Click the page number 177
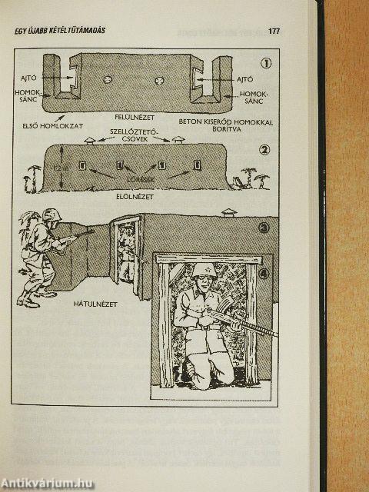(x=274, y=32)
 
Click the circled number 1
(x=265, y=64)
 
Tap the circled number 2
(x=265, y=150)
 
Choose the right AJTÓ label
(x=244, y=78)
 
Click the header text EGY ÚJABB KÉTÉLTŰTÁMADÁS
(x=60, y=31)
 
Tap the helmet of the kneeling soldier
(x=204, y=270)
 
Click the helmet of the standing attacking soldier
(x=52, y=215)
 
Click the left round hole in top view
(x=107, y=78)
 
